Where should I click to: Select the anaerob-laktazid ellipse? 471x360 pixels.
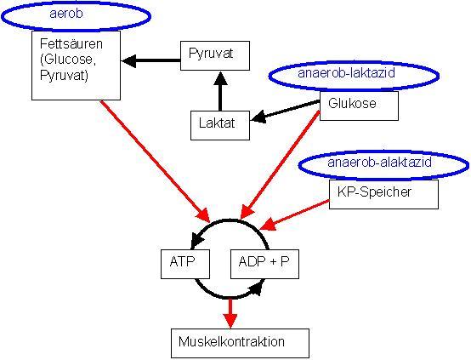[354, 75]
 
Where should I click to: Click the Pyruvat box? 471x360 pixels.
[218, 55]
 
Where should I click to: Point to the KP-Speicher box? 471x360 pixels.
[383, 193]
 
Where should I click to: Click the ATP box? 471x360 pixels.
[184, 264]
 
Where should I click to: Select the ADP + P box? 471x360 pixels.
[264, 264]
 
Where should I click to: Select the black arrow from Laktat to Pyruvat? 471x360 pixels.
[220, 90]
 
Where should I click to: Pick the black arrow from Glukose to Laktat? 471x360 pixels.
[289, 112]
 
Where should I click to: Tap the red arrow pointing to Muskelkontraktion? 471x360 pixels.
[229, 312]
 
